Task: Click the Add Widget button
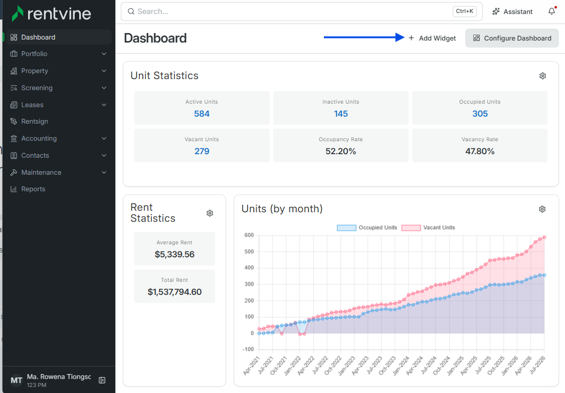pos(432,38)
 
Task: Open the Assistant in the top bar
pos(512,12)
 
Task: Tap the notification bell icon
pos(551,12)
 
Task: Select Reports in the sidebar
pos(33,189)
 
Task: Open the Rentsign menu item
pos(35,121)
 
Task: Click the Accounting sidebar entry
pos(39,138)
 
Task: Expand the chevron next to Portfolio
pos(104,54)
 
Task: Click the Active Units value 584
pos(202,114)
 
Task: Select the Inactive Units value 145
pos(341,114)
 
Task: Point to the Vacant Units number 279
pos(202,151)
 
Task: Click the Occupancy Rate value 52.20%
pos(341,151)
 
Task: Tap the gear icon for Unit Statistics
pos(542,76)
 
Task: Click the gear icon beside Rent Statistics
pos(210,213)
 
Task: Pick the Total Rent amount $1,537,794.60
pos(175,292)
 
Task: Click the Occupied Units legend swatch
pos(346,227)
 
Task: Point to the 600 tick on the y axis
pos(249,235)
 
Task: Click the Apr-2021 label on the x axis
pos(252,365)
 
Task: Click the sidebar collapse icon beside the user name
pos(102,380)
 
